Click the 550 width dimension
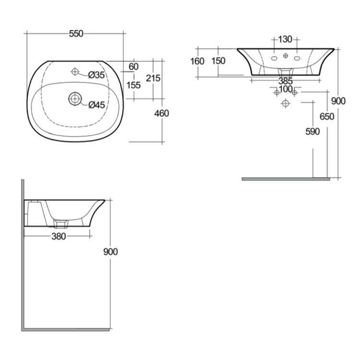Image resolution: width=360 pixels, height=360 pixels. [x=76, y=34]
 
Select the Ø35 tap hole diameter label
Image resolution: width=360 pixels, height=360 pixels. [x=96, y=74]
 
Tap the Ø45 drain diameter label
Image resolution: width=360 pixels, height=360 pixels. [x=96, y=105]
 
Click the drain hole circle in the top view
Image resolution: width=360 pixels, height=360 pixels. [x=75, y=99]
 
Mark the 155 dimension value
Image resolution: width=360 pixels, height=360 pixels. [x=133, y=85]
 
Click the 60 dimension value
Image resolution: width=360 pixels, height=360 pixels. [x=133, y=66]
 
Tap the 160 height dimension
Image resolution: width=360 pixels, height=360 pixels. [x=197, y=61]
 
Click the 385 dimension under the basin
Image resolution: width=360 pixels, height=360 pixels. [x=286, y=82]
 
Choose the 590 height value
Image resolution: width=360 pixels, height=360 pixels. [x=312, y=132]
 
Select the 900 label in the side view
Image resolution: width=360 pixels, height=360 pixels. [x=110, y=252]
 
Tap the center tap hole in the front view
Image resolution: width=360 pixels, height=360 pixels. [x=286, y=57]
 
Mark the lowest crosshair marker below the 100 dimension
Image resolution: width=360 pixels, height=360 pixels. [x=286, y=103]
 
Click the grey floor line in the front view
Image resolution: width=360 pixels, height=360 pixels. [x=286, y=179]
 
